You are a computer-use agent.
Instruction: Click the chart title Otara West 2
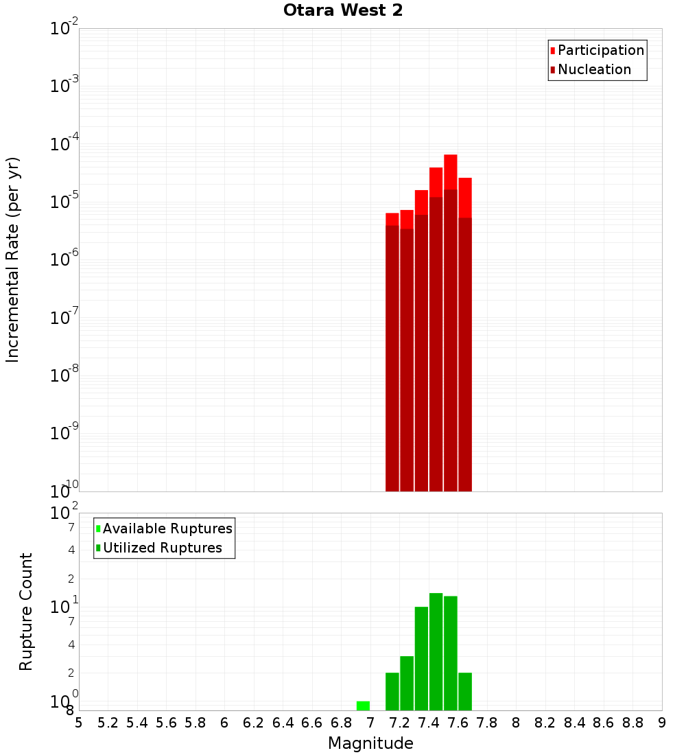[x=343, y=10]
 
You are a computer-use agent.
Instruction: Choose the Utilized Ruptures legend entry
[x=162, y=548]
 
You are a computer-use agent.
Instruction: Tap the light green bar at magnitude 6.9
[x=363, y=706]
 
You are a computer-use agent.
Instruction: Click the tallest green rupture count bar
[x=436, y=652]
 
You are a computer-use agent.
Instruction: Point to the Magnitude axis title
[x=370, y=743]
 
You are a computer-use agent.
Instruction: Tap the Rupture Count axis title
[x=26, y=612]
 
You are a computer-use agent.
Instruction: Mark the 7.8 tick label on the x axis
[x=487, y=722]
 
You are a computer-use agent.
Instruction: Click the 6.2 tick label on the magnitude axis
[x=254, y=722]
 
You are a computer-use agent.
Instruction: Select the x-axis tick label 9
[x=661, y=722]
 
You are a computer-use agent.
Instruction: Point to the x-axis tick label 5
[x=79, y=722]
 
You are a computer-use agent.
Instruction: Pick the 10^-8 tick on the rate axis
[x=64, y=375]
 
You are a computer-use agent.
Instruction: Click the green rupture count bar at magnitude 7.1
[x=392, y=692]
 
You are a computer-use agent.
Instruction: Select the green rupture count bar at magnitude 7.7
[x=465, y=692]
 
